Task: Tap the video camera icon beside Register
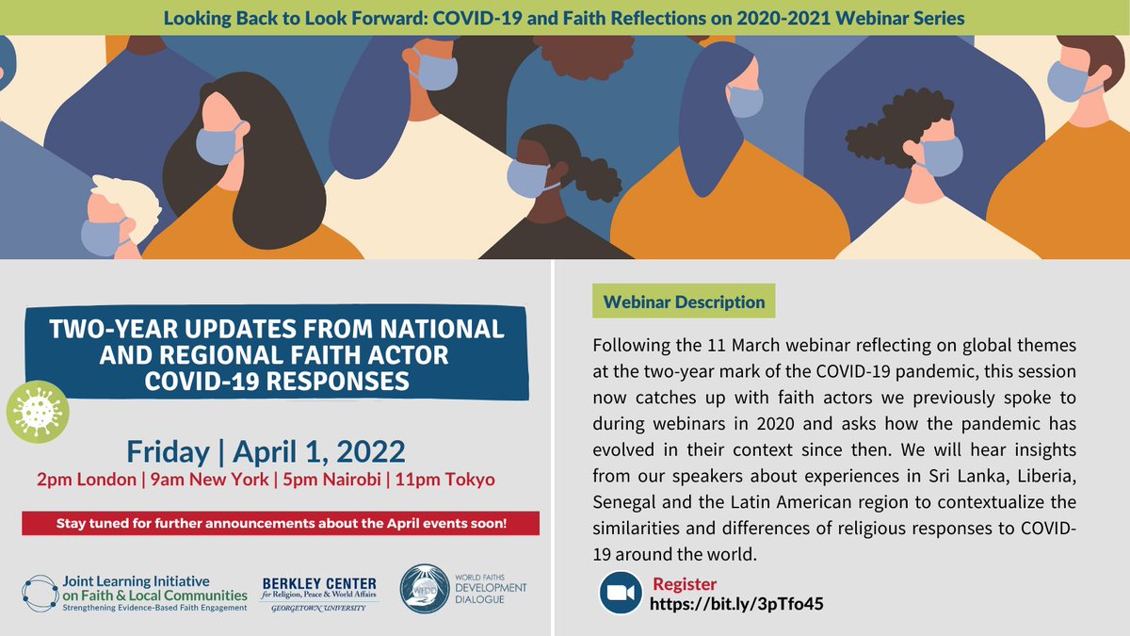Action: pyautogui.click(x=621, y=594)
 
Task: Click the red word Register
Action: pyautogui.click(x=685, y=584)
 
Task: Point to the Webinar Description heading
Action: pyautogui.click(x=684, y=302)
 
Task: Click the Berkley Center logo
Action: pyautogui.click(x=318, y=594)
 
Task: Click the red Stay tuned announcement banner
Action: pyautogui.click(x=281, y=523)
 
